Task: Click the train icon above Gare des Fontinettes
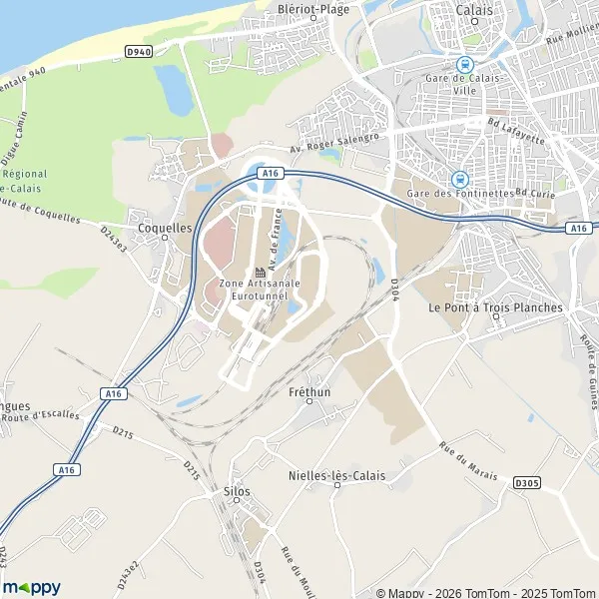[459, 180]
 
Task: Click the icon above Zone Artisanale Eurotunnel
[260, 273]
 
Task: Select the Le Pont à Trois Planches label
[495, 307]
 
